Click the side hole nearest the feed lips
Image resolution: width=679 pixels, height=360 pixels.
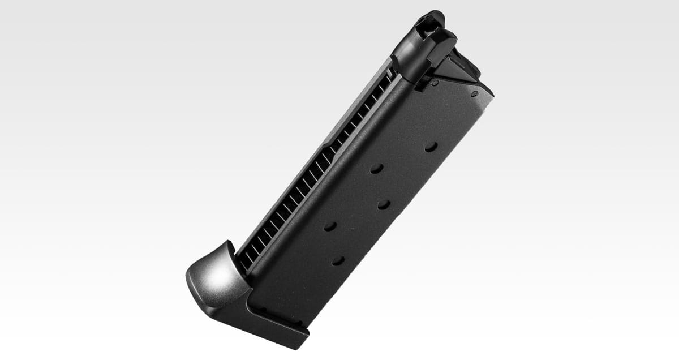click(431, 146)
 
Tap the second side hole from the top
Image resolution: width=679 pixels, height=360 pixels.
click(377, 168)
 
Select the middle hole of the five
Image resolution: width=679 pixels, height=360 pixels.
click(384, 204)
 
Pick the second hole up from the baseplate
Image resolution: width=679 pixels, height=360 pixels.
click(330, 226)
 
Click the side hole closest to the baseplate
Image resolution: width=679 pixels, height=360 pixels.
click(338, 261)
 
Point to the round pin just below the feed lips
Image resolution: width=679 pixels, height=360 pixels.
click(435, 83)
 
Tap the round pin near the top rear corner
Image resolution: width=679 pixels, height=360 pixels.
click(474, 93)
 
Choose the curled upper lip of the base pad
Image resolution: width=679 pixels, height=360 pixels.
click(227, 249)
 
